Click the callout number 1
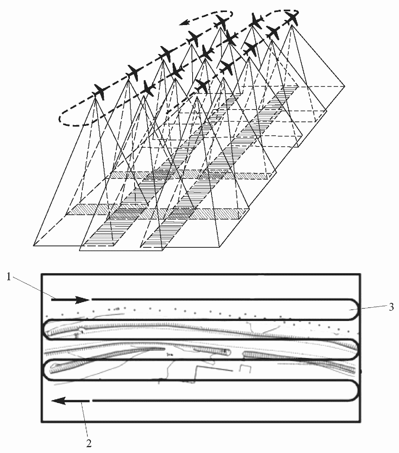8,277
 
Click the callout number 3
391,307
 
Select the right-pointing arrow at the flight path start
71,300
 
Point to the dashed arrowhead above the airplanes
185,23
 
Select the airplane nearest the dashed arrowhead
222,21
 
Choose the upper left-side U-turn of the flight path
45,330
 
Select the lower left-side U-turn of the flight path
45,370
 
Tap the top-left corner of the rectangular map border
42,275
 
